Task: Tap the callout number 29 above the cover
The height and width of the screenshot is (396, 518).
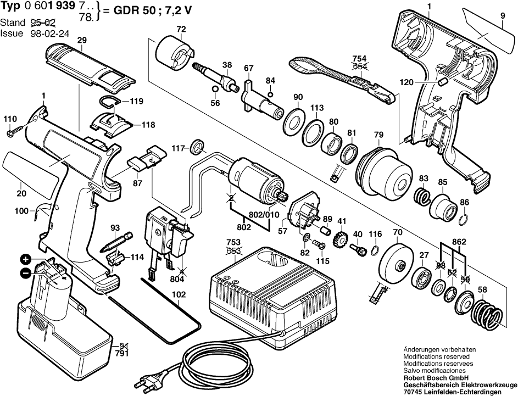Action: [x=82, y=40]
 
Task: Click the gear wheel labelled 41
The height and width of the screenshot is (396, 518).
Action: [x=341, y=241]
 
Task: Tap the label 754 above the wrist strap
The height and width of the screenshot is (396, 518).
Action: [x=359, y=59]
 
